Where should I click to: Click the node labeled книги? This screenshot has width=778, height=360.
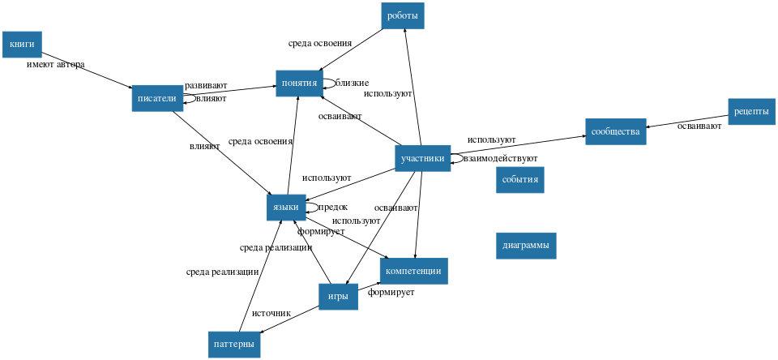click(22, 44)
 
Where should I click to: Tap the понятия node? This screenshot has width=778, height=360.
click(299, 83)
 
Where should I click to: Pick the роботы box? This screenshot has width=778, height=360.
click(403, 16)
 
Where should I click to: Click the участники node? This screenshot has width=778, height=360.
click(422, 158)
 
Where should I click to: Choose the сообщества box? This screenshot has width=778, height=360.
click(615, 131)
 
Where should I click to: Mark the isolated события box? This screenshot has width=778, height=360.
click(519, 179)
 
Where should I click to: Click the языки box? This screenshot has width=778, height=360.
click(286, 208)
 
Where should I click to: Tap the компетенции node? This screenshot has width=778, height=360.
click(413, 271)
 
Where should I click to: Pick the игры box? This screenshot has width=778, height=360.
click(338, 297)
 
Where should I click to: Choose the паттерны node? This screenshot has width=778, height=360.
click(234, 344)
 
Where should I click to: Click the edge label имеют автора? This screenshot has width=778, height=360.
click(55, 64)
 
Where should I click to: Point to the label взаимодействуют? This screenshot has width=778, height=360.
click(500, 158)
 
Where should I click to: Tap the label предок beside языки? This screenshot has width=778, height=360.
click(331, 207)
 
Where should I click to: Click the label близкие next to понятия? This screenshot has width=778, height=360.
click(352, 82)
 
